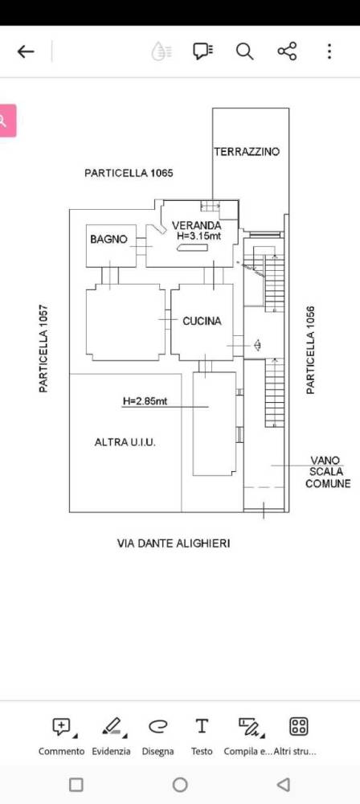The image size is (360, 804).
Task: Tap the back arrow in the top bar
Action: [x=26, y=51]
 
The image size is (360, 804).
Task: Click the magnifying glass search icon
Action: [x=244, y=51]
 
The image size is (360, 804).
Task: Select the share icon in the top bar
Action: [x=287, y=51]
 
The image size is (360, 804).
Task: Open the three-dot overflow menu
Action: [x=329, y=51]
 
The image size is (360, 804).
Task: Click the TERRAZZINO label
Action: [x=247, y=151]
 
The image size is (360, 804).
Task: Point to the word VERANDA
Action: [x=196, y=225]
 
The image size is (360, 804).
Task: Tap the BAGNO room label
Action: [x=108, y=239]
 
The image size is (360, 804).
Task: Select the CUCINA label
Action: [x=202, y=321]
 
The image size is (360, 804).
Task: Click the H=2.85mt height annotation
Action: [x=145, y=401]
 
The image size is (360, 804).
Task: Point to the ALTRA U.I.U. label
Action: [x=125, y=442]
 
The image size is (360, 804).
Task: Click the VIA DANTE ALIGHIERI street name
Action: [x=174, y=544]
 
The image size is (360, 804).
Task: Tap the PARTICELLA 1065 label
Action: [x=129, y=174]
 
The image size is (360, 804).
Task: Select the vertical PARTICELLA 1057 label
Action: [x=43, y=349]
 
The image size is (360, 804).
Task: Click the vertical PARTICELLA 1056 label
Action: [x=310, y=351]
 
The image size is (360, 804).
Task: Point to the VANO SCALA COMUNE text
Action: [x=328, y=472]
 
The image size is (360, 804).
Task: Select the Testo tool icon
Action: [x=202, y=726]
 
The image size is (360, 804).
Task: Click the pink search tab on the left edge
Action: [x=7, y=121]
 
